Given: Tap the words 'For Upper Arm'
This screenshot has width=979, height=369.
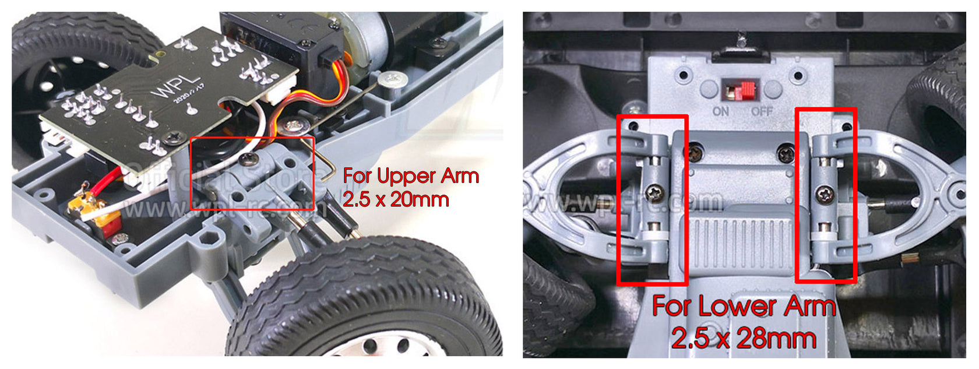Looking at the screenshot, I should (411, 175).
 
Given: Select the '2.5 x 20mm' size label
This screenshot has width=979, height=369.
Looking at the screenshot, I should (396, 199).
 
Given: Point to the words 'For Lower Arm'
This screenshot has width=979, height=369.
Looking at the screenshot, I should (744, 306).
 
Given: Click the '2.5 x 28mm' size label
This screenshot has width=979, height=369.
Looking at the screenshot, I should (744, 338).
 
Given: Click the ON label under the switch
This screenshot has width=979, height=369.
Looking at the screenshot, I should (721, 111).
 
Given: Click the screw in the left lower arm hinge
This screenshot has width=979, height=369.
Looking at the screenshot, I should (656, 192).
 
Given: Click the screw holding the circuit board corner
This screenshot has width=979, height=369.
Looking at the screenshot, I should (173, 138).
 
